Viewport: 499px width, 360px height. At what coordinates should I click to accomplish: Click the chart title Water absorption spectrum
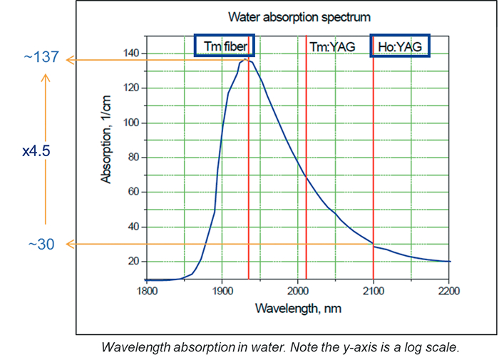pyautogui.click(x=299, y=16)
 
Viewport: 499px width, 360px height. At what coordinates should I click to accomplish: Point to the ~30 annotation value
pyautogui.click(x=43, y=245)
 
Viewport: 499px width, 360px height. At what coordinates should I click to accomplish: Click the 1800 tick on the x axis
pyautogui.click(x=146, y=291)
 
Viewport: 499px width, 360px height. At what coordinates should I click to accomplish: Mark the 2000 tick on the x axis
pyautogui.click(x=298, y=291)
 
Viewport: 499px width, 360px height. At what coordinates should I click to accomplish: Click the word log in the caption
pyautogui.click(x=416, y=348)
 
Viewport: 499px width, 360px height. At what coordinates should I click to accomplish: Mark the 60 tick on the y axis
pyautogui.click(x=133, y=192)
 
